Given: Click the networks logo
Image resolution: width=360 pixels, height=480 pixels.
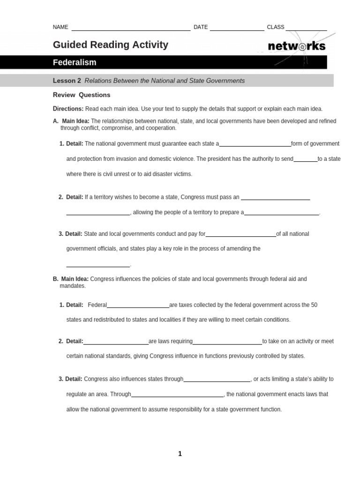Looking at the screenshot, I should tap(296, 46).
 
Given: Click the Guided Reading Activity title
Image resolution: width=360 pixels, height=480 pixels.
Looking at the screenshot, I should tap(110, 45).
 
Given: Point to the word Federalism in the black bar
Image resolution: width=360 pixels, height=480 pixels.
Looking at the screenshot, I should tap(75, 62).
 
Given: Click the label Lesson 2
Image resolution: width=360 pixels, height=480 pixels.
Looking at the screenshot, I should tap(67, 81).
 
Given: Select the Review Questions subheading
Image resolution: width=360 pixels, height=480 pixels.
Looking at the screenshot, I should tap(82, 95).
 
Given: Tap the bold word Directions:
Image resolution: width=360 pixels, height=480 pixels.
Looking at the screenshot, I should tap(68, 109).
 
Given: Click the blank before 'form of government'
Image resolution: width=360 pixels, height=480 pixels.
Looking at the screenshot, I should tap(255, 145).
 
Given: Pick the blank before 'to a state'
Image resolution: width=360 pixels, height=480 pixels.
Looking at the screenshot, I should tap(305, 161).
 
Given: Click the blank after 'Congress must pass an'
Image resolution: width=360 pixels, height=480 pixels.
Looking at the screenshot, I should tap(275, 199).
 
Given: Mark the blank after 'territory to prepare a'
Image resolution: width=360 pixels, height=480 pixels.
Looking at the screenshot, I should tap(281, 214).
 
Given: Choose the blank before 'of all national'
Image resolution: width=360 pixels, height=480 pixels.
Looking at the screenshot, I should tap(240, 235).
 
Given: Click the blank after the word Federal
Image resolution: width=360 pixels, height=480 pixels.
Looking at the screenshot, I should tap(138, 307).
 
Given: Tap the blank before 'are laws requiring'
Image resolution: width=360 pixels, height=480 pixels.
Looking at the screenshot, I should tap(116, 343).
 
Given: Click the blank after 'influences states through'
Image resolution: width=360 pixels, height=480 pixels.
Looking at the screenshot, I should tap(217, 381).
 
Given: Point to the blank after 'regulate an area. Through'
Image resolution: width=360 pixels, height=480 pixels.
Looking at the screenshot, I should tap(178, 396).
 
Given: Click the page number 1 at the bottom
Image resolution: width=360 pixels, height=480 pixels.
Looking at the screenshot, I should tap(180, 454).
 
